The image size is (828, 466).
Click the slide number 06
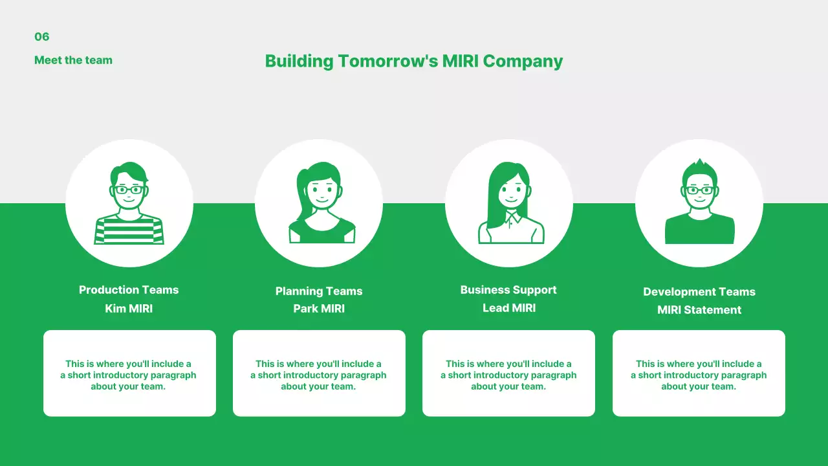[42, 37]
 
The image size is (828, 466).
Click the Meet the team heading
[73, 60]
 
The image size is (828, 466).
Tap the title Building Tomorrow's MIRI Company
[414, 61]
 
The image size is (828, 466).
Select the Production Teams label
[129, 290]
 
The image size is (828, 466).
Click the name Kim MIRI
[129, 309]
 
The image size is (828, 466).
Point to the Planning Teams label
[319, 291]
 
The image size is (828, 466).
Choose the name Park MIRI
[319, 309]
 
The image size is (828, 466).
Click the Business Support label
[508, 290]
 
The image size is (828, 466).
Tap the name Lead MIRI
[509, 308]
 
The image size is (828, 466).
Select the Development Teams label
[699, 292]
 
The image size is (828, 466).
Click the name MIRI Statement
[699, 310]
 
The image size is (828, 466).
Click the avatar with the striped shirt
[129, 203]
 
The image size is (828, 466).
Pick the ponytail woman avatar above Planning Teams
[319, 203]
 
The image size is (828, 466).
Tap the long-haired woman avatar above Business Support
[509, 203]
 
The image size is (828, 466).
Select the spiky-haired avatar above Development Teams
[699, 203]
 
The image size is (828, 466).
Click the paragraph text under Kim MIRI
[129, 375]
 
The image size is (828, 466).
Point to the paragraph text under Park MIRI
[319, 375]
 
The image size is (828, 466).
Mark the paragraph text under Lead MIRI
[508, 375]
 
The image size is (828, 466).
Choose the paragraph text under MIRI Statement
[699, 375]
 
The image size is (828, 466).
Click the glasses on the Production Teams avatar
[129, 190]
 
